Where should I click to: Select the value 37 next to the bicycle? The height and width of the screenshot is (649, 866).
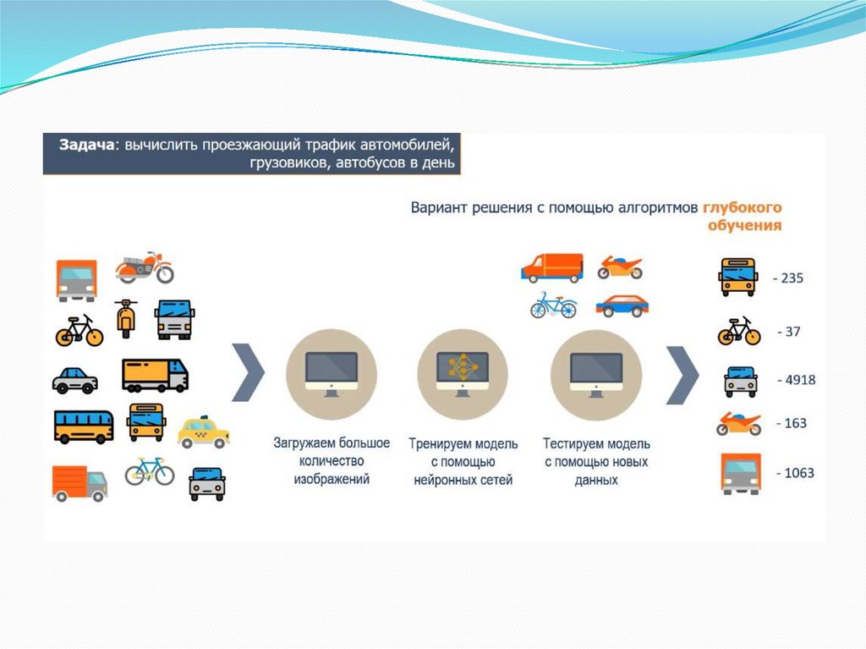point(790,332)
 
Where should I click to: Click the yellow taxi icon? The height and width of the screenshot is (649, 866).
point(203,432)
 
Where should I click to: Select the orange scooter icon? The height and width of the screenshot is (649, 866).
point(126,318)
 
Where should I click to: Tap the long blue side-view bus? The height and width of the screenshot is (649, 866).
point(84,426)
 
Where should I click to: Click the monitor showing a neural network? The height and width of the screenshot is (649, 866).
point(463,371)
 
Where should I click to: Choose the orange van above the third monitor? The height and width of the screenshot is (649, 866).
point(551,267)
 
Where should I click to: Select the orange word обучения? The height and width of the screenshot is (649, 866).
point(744,226)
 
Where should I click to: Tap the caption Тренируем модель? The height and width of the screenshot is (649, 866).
point(462,443)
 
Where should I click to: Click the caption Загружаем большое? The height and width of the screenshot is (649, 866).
point(331,443)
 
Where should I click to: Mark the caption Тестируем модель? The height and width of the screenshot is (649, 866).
point(596,443)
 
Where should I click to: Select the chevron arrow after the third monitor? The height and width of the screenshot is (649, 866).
point(682,373)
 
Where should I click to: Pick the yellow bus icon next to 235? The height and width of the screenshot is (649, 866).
point(737,277)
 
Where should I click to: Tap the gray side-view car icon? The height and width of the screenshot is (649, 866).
point(75,380)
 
